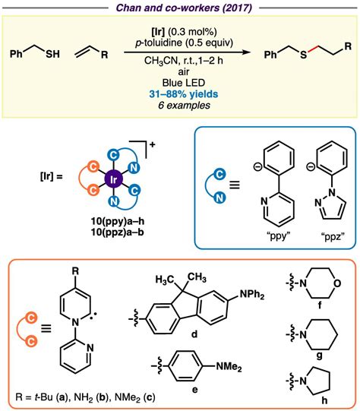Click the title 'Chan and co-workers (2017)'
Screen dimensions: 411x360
[180, 8]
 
